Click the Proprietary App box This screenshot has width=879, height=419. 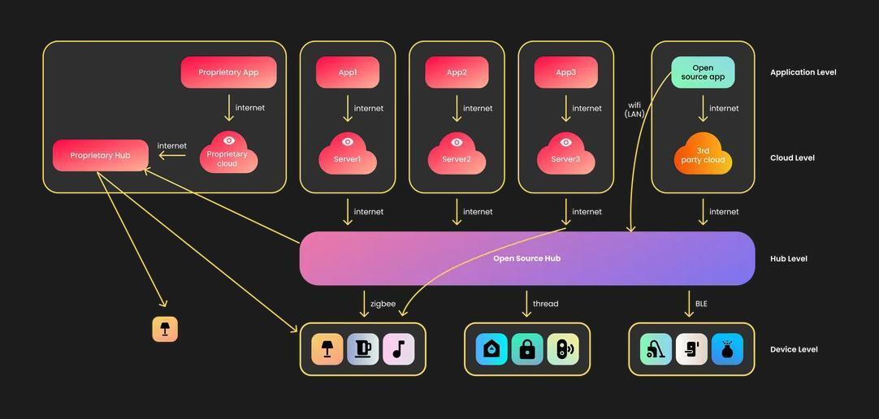(x=228, y=72)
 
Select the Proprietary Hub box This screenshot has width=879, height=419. (x=101, y=155)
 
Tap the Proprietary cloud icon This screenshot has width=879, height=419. (x=228, y=153)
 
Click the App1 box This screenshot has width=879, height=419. (x=348, y=72)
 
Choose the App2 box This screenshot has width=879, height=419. (x=457, y=72)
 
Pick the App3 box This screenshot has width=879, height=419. (x=565, y=72)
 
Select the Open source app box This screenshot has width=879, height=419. (x=703, y=72)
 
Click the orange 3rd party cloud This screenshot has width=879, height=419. (x=703, y=154)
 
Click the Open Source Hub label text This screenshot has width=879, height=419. (x=526, y=258)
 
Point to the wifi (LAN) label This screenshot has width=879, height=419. (x=634, y=110)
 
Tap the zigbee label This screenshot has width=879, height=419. (x=383, y=304)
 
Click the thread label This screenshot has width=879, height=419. (x=545, y=304)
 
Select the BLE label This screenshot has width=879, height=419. (x=701, y=304)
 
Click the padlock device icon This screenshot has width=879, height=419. (x=527, y=349)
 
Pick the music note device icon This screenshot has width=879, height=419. (x=398, y=349)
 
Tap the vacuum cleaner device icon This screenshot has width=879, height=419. (x=656, y=349)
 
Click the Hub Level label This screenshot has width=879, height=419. (x=788, y=259)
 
